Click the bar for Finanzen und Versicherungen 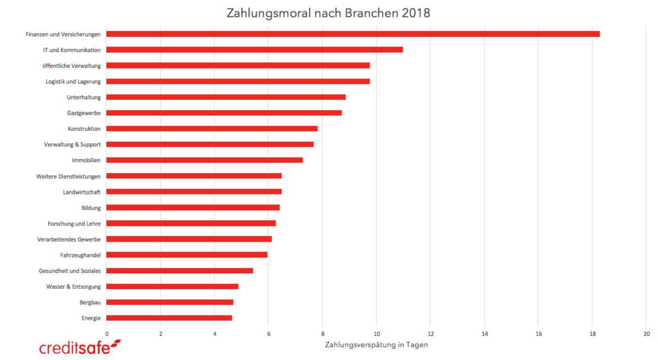(353, 34)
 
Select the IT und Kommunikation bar (254, 50)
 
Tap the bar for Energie (169, 318)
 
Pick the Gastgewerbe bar (224, 113)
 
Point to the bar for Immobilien (205, 160)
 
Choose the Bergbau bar (170, 302)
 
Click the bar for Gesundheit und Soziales (180, 271)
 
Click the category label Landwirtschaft (82, 192)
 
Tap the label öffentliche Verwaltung (72, 66)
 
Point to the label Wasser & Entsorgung (73, 287)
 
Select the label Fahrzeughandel (81, 255)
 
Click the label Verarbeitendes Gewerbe (69, 239)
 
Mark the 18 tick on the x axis (592, 333)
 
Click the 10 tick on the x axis (376, 333)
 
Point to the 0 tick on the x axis (106, 333)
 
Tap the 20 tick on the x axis (646, 333)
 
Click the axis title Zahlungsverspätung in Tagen (376, 345)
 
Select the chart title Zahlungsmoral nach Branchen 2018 (328, 13)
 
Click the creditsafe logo (80, 347)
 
